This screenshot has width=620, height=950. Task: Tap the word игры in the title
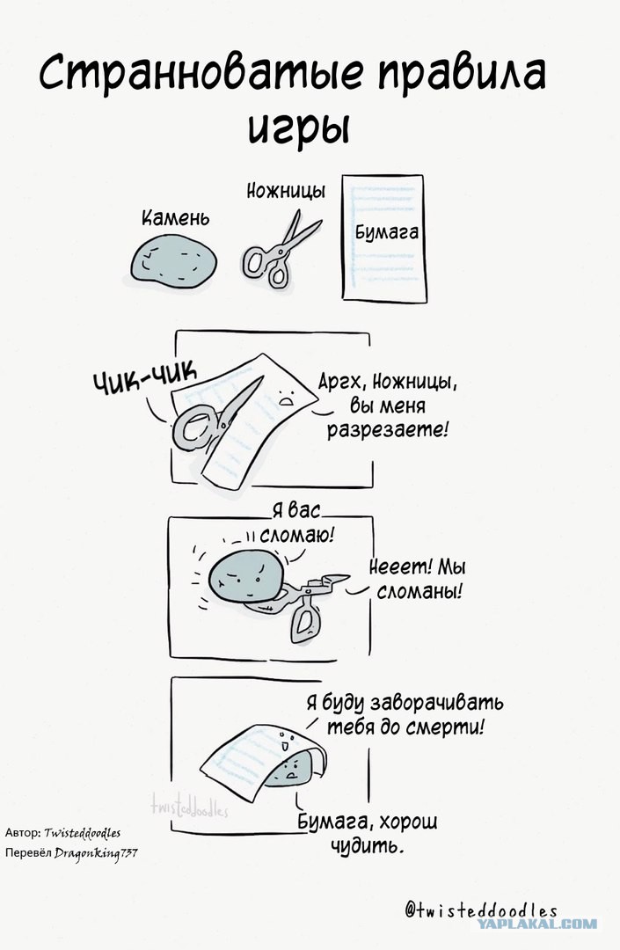pos(299,127)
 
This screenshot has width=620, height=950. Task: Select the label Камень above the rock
pos(176,217)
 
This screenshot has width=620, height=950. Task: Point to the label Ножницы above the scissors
pos(286,191)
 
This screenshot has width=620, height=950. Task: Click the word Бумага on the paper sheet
pos(386,231)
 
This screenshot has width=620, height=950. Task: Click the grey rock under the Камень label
pos(173,261)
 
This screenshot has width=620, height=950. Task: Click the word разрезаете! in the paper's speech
pos(388,429)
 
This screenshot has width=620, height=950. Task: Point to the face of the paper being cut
pos(285,397)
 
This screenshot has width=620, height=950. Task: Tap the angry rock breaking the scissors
pos(246,576)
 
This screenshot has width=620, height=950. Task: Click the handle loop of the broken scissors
pos(304,622)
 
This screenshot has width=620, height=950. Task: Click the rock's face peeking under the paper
pos(293,770)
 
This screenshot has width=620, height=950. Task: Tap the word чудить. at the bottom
pos(367,846)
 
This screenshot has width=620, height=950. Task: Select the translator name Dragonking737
pos(96,853)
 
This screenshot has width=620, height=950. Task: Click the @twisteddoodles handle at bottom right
pos(481,910)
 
